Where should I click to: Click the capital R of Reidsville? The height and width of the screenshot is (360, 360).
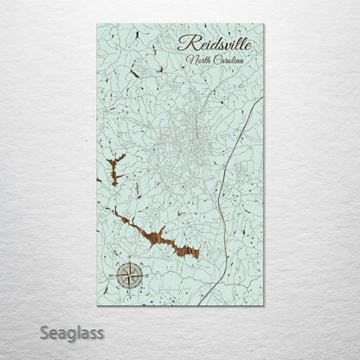[183, 42]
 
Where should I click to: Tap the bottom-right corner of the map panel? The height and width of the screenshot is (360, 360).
[265, 306]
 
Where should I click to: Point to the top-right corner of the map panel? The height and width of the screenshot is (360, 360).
[265, 23]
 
